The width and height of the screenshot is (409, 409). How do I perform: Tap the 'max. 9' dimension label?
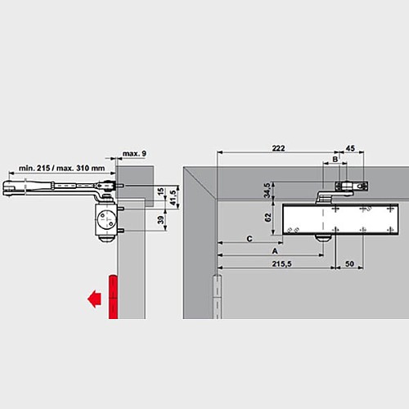click(x=133, y=154)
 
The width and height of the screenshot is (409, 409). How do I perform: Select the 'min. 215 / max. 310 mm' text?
click(x=58, y=168)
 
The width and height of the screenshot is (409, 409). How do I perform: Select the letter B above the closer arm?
click(x=334, y=159)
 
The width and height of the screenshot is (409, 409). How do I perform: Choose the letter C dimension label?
click(x=249, y=238)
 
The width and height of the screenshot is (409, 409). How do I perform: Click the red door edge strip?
click(x=113, y=296)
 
